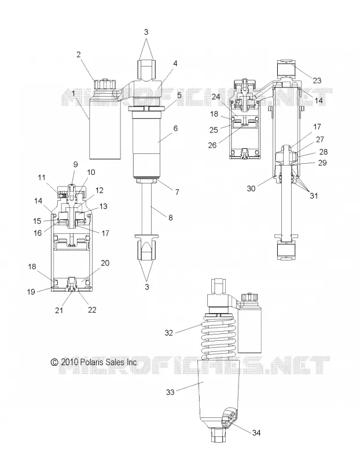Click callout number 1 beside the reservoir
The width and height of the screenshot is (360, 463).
point(73,94)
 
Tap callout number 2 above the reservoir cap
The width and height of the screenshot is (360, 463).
point(78,54)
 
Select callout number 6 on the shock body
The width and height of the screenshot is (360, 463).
point(175,128)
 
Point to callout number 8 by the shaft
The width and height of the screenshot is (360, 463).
point(170,218)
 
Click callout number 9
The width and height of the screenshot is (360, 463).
point(75,164)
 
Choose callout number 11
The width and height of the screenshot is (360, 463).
point(42,178)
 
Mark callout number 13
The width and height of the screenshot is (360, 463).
point(104,207)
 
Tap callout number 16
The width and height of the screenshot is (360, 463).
point(38,233)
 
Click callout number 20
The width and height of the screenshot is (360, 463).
point(105,263)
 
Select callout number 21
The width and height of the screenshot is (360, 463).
point(59,310)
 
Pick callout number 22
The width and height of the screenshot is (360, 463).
point(92,310)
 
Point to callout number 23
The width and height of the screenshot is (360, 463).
point(317,80)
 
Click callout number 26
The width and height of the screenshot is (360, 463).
point(212,145)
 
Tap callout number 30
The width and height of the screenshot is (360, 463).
point(251,189)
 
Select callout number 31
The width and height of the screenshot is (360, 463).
point(313,196)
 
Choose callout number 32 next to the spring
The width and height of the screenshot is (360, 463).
point(168,333)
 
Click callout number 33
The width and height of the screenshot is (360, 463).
point(170,392)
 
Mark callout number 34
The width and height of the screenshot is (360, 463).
point(256,432)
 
